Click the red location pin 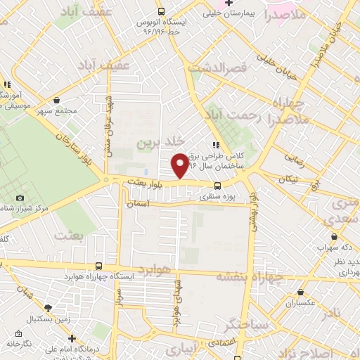pos(180,165)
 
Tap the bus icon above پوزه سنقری pos(217,186)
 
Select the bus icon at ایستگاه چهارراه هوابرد pos(98,266)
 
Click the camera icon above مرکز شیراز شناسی pos(20,198)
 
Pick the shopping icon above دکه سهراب pos(334,237)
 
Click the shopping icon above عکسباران pos(301,292)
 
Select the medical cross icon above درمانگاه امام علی pos(72,338)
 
